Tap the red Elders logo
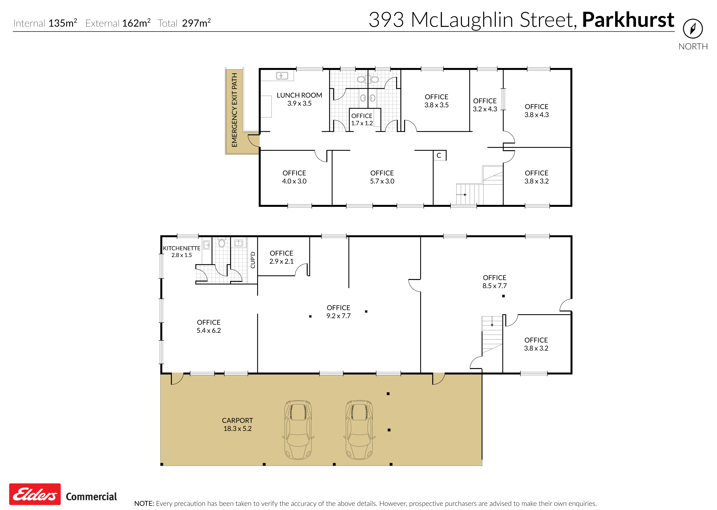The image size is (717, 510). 35,494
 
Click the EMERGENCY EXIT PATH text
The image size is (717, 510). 234,110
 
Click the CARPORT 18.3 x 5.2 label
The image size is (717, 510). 237,424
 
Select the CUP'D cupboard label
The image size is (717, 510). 253,260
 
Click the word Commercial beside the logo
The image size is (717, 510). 91,496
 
